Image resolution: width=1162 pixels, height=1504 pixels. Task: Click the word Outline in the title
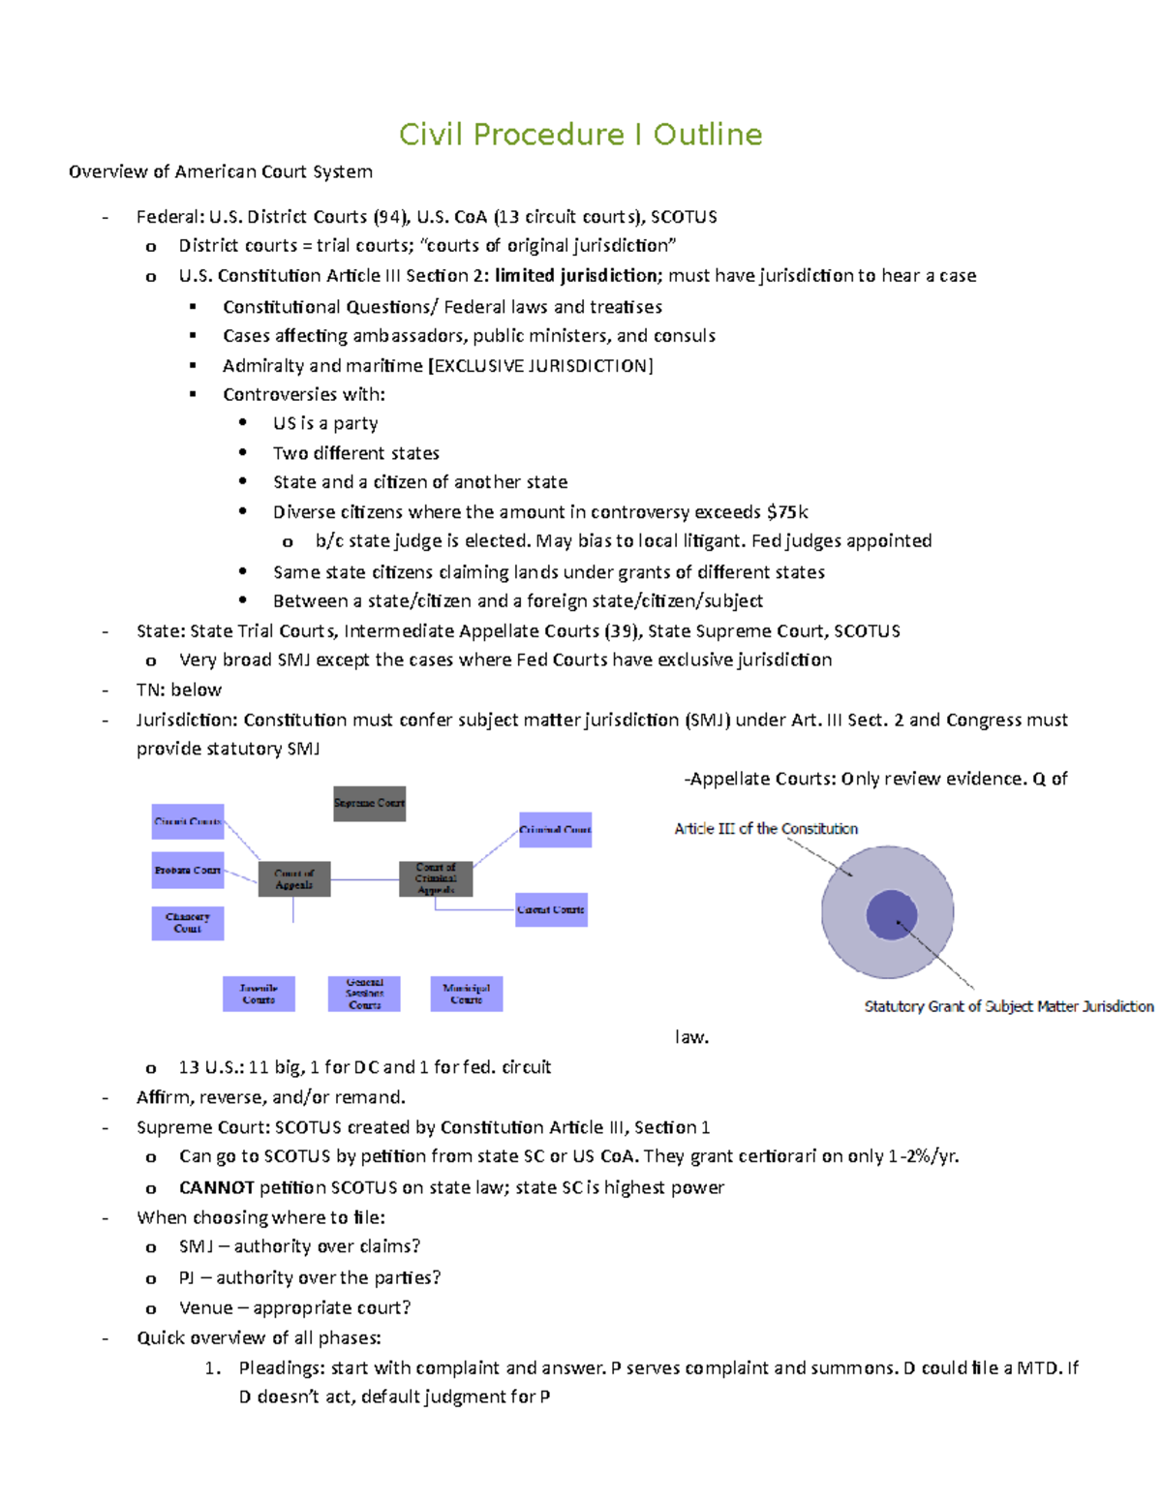pyautogui.click(x=708, y=135)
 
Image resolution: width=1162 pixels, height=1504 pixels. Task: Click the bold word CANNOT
pyautogui.click(x=216, y=1188)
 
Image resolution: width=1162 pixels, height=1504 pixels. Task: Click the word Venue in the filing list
pyautogui.click(x=205, y=1308)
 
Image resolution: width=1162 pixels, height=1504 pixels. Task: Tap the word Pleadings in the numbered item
pyautogui.click(x=282, y=1368)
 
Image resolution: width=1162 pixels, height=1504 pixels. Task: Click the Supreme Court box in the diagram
pyautogui.click(x=369, y=804)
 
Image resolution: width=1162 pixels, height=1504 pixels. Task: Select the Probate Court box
pyautogui.click(x=188, y=870)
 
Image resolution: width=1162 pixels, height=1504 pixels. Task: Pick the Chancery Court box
pyautogui.click(x=188, y=923)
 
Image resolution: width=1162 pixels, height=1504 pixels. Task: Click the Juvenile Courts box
pyautogui.click(x=259, y=994)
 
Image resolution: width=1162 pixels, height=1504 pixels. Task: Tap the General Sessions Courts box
pyautogui.click(x=364, y=994)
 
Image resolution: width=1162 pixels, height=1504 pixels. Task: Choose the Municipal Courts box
pyautogui.click(x=466, y=994)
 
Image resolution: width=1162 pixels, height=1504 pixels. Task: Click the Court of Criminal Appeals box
pyautogui.click(x=436, y=878)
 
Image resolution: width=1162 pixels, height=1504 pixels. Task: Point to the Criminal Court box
pyautogui.click(x=555, y=830)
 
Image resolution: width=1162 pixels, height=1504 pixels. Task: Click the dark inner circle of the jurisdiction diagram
pyautogui.click(x=891, y=914)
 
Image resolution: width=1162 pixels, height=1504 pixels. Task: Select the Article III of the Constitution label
pyautogui.click(x=766, y=829)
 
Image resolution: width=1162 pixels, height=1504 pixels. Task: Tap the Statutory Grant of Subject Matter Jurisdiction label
pyautogui.click(x=1008, y=1007)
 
